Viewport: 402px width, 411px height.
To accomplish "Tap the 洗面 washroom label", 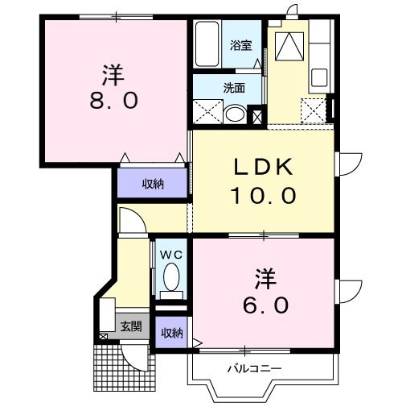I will pos(235,89).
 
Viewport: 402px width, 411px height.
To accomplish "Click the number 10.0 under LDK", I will pos(265,196).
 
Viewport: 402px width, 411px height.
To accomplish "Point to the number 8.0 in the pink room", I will pos(113,102).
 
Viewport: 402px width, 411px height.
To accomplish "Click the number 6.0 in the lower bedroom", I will pos(265,306).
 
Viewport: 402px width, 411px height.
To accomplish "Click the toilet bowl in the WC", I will pos(170,280).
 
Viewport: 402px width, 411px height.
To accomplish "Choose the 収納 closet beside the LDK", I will pos(153,183).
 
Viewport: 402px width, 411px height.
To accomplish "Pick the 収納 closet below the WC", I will pos(170,332).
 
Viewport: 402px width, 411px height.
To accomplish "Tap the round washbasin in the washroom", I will pos(236,114).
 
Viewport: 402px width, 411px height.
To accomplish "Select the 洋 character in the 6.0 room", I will pos(265,280).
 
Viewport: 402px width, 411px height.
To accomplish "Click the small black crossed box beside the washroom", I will pos(257,116).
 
